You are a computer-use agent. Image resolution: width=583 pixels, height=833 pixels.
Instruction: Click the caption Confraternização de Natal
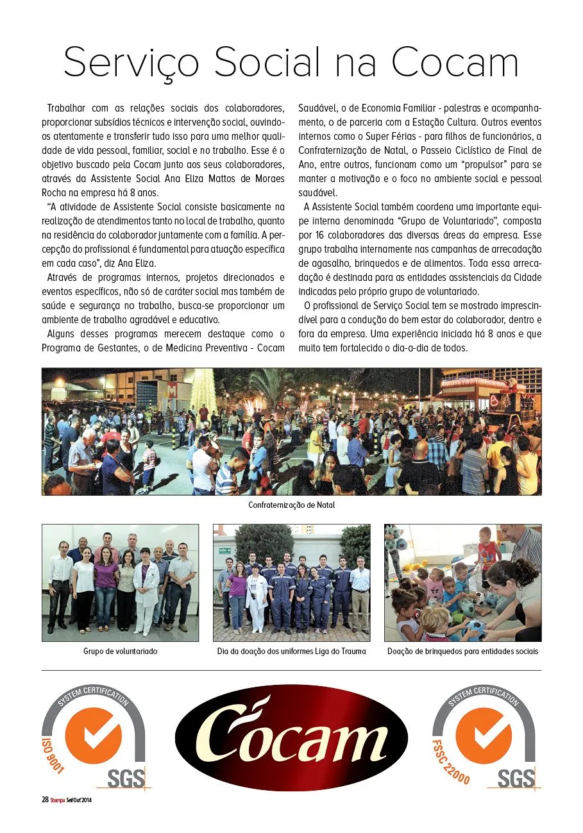(292, 505)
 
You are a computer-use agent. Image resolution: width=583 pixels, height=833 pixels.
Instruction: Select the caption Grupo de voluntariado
(120, 652)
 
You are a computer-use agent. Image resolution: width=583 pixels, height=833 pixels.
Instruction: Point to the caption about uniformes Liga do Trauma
(292, 652)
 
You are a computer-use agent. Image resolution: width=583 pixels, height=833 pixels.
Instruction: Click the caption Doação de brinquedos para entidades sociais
(462, 652)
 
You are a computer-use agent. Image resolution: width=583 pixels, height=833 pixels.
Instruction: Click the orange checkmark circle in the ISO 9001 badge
(94, 736)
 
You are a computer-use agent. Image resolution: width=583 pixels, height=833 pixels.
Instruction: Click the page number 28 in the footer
(45, 800)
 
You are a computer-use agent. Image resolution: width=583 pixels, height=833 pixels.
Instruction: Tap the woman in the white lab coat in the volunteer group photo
(146, 580)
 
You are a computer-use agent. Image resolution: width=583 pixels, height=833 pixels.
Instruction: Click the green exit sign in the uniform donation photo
(224, 550)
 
